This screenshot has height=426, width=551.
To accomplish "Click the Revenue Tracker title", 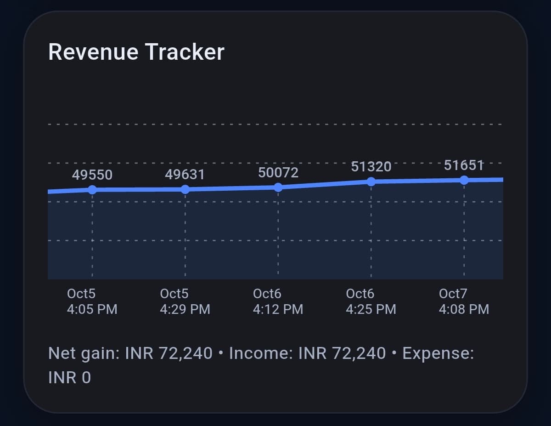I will (x=136, y=52).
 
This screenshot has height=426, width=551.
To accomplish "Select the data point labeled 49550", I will (x=92, y=190).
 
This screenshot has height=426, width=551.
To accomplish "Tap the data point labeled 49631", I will (x=185, y=189).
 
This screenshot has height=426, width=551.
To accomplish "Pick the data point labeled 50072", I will (x=278, y=187).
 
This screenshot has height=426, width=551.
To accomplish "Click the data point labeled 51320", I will (x=371, y=182).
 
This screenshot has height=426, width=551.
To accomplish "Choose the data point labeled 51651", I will (x=464, y=180).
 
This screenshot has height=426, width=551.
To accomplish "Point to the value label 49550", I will (x=92, y=175).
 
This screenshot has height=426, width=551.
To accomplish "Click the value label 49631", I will (x=185, y=175).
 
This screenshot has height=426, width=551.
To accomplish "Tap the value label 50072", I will (x=278, y=173).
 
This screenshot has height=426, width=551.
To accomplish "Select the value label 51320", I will (x=371, y=167).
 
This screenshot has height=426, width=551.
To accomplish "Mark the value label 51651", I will (x=464, y=165).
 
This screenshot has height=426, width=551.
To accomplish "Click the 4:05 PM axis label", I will (x=92, y=309).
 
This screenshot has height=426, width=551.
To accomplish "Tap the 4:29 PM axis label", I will (x=185, y=309).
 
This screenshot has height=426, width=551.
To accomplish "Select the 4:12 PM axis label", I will (x=278, y=309).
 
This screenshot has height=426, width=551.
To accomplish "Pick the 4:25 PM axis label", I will (x=371, y=309).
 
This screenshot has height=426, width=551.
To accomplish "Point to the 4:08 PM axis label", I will (x=464, y=309).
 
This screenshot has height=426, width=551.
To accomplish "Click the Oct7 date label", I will (x=452, y=294).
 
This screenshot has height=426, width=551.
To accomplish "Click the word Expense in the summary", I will (x=438, y=354).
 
